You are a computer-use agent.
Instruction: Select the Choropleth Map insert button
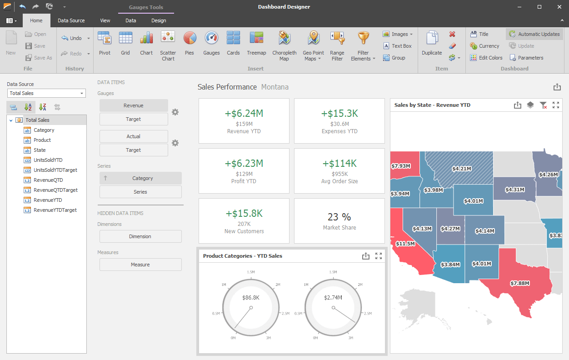(x=284, y=45)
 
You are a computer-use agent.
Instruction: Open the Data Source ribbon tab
(x=71, y=20)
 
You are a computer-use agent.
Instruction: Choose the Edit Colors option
(x=486, y=58)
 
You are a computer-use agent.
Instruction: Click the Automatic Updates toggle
(x=534, y=34)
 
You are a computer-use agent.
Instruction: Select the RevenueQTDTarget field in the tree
(x=55, y=190)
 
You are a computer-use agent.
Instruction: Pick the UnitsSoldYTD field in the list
(x=48, y=160)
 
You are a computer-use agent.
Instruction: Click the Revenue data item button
(x=134, y=105)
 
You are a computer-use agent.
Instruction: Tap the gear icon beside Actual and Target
(x=175, y=143)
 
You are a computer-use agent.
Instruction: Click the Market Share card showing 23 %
(x=339, y=220)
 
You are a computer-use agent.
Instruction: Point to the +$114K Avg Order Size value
(x=339, y=163)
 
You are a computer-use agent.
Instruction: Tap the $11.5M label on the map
(x=405, y=244)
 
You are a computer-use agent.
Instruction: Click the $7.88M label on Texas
(x=519, y=283)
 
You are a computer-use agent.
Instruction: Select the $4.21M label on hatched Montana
(x=461, y=169)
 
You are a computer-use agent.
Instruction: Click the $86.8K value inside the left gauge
(x=251, y=297)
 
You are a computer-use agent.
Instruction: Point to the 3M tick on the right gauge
(x=350, y=338)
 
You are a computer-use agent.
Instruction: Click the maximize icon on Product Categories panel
(x=378, y=256)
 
